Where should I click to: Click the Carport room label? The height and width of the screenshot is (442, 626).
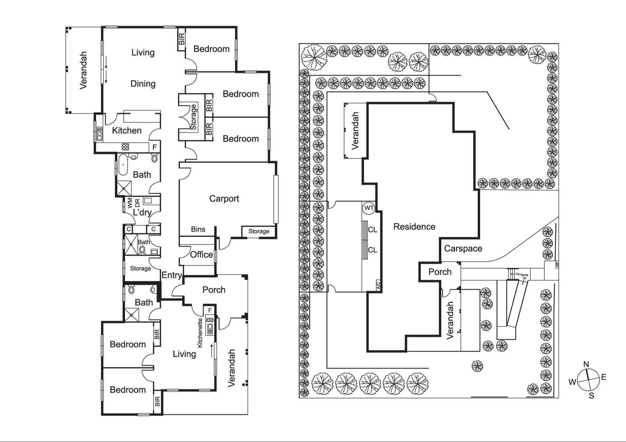[x=224, y=199]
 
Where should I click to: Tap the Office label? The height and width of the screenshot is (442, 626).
[x=201, y=255]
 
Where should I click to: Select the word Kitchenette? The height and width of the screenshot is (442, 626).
[x=200, y=333]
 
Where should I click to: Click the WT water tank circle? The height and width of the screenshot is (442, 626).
[x=369, y=208]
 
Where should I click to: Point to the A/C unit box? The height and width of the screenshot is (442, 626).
[x=378, y=286]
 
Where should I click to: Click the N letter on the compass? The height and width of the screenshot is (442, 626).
[x=586, y=364]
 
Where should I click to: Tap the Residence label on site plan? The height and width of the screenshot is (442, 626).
[x=414, y=226]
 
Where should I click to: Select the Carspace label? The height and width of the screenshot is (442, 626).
[x=463, y=248]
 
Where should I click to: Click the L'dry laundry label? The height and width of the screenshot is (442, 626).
[x=142, y=212]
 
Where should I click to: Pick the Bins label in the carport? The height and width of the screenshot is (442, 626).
[x=198, y=229]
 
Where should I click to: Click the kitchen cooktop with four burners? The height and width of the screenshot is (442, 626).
[x=125, y=147]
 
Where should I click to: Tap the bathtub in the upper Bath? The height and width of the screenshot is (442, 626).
[x=123, y=165]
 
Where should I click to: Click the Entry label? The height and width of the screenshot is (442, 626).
[x=172, y=275]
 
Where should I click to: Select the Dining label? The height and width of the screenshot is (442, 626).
[x=143, y=84]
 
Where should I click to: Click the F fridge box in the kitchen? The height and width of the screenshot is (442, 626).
[x=154, y=147]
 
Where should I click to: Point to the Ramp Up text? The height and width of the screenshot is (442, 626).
[x=524, y=276]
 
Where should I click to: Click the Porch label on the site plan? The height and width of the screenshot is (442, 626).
[x=440, y=272]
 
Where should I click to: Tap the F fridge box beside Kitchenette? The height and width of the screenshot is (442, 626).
[x=210, y=310]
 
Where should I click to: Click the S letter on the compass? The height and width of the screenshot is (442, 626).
[x=591, y=396]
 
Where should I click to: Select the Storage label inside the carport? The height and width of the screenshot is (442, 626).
[x=259, y=231]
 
